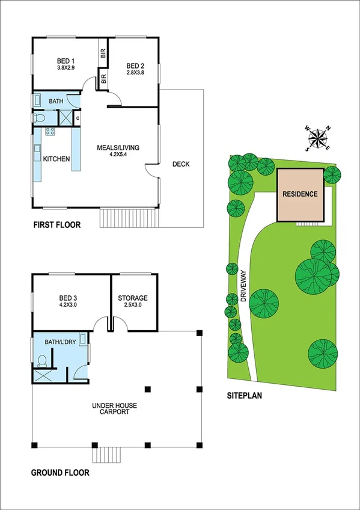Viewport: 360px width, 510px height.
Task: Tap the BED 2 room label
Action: [x=135, y=66]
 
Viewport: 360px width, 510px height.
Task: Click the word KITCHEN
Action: [x=56, y=159]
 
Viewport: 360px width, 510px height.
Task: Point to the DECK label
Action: [x=180, y=164]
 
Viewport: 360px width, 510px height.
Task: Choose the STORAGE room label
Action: [x=133, y=298]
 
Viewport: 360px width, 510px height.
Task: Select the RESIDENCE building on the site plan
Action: [x=301, y=194]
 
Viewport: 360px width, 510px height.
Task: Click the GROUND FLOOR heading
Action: [x=60, y=473]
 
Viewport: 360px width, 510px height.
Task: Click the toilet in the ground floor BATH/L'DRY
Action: [x=43, y=361]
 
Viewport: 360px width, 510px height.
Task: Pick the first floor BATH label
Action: [x=56, y=102]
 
